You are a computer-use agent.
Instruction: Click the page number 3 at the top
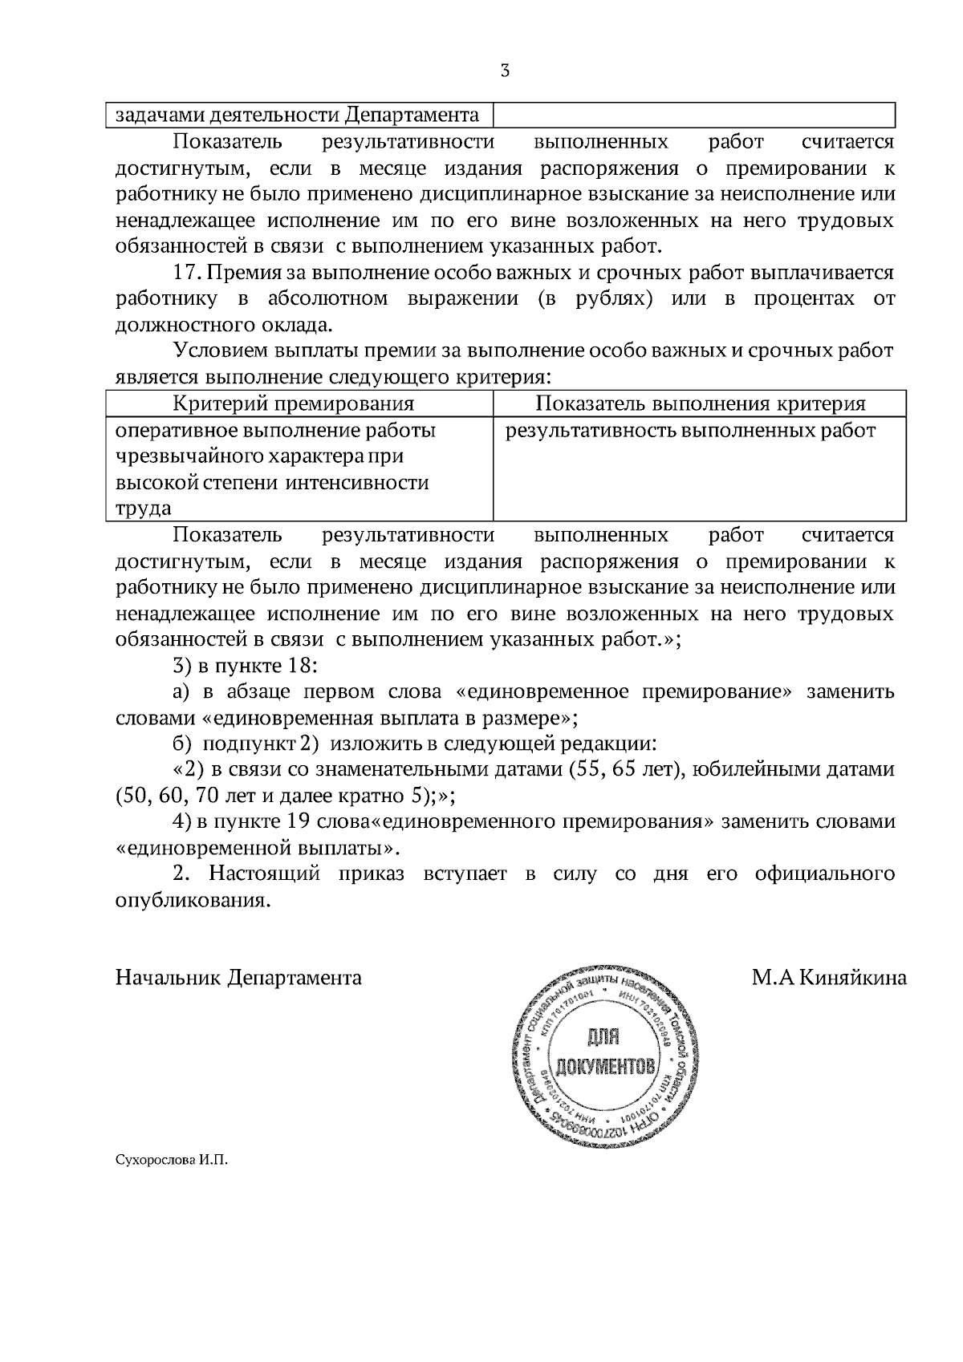[504, 71]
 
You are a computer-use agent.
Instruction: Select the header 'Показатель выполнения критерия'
[700, 403]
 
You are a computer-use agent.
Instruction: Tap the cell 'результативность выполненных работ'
[690, 431]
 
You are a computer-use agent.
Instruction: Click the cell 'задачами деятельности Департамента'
[298, 116]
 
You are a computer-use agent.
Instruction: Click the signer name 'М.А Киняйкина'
[829, 978]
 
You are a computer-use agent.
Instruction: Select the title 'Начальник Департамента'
[238, 978]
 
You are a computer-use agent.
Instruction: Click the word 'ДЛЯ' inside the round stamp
[603, 1038]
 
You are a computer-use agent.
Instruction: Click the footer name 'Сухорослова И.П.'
[172, 1160]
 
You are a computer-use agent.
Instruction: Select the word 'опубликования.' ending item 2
[191, 900]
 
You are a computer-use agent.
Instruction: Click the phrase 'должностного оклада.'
[223, 326]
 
